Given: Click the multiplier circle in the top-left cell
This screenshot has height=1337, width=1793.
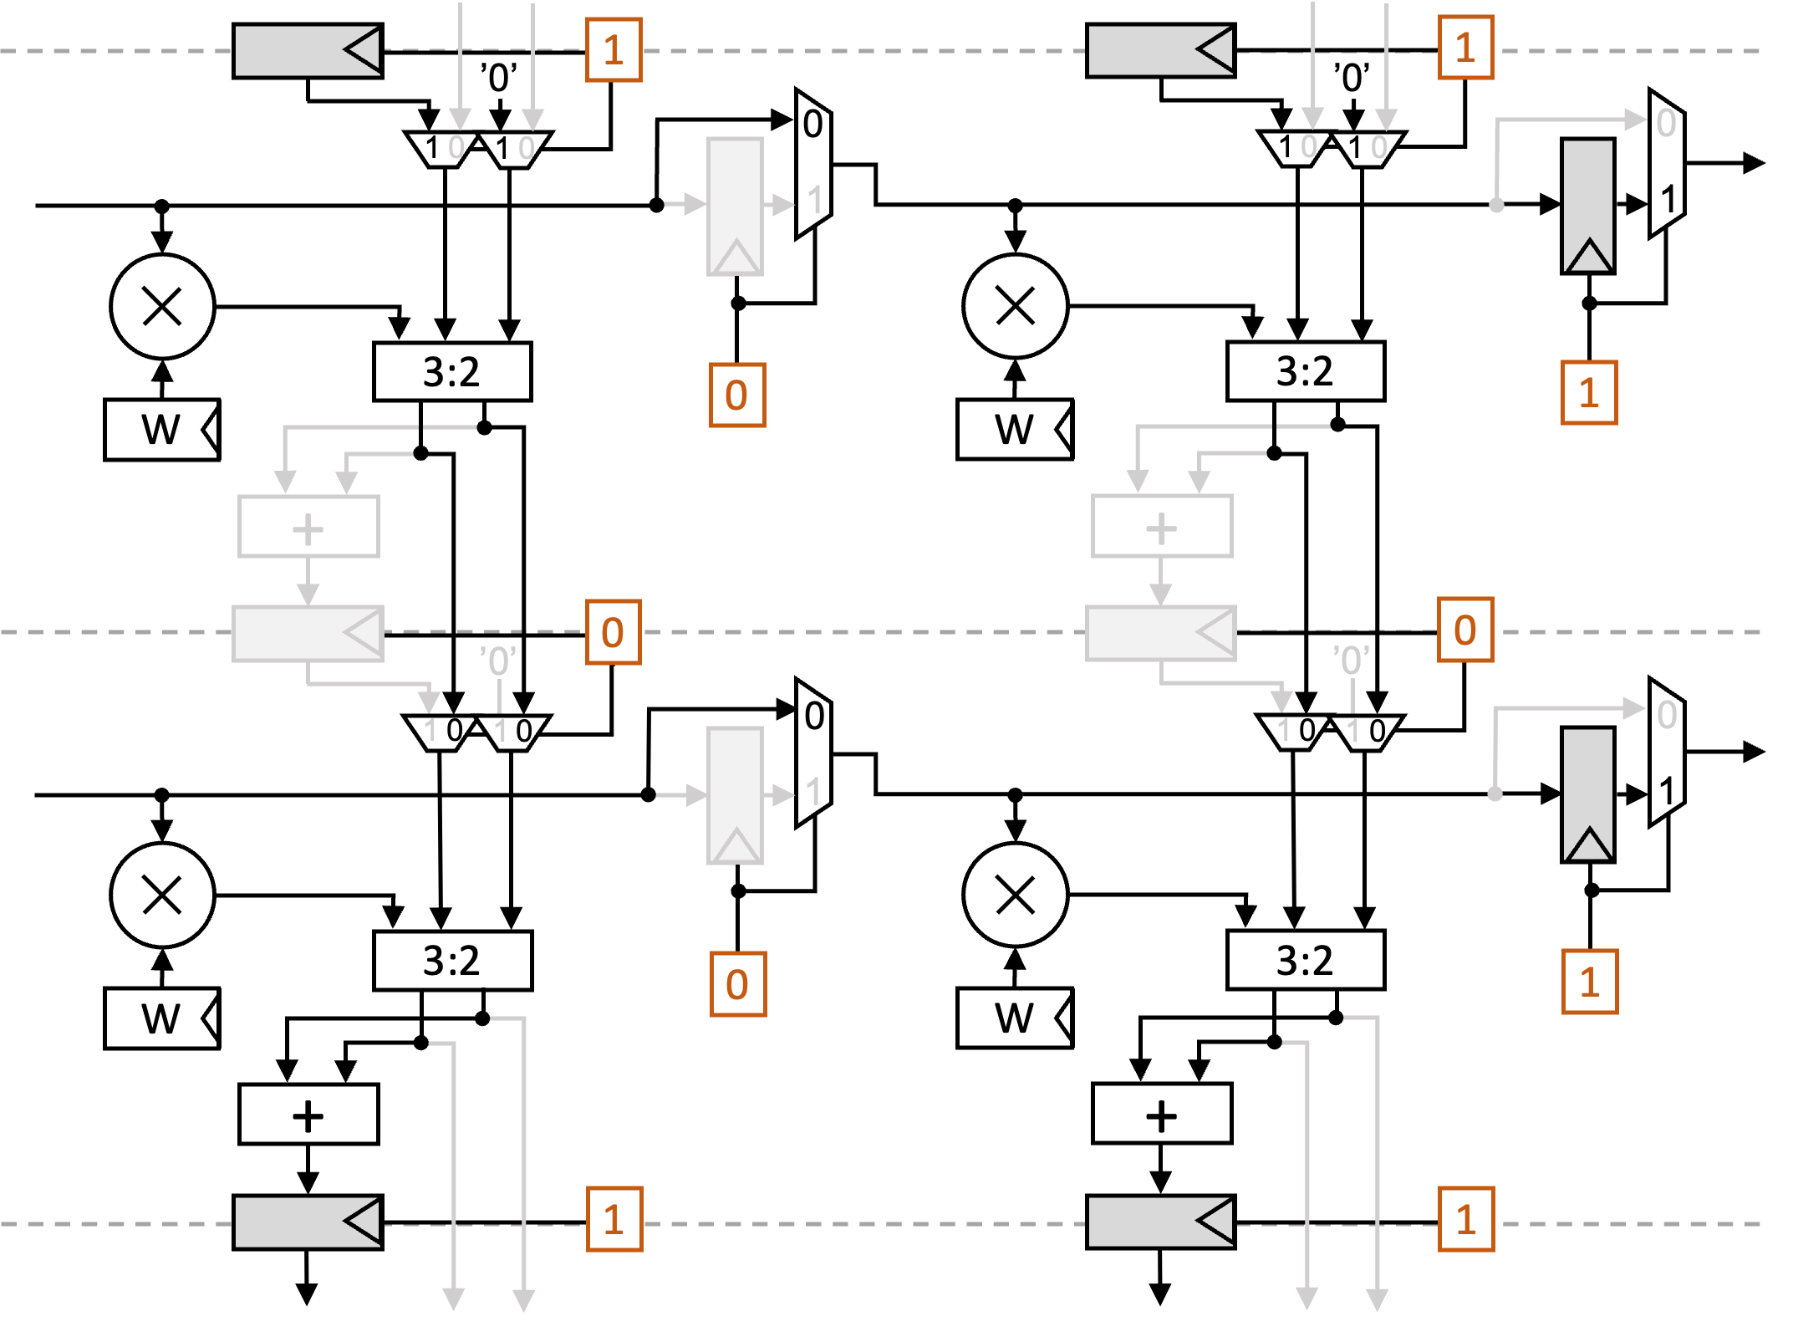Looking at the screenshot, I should (162, 306).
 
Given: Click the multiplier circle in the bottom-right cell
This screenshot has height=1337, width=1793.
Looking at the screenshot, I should (1015, 895).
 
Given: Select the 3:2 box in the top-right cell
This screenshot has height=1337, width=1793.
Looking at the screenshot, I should (1305, 371).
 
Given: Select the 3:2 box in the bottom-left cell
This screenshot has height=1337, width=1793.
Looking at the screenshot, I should (452, 961).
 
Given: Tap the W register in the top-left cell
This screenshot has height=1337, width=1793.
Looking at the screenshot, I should (161, 430).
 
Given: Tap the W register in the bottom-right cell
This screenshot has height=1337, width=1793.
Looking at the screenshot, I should (1014, 1018).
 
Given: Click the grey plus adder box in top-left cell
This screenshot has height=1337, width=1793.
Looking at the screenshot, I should (308, 527).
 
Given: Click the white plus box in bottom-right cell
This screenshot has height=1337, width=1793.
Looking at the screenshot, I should (1161, 1114).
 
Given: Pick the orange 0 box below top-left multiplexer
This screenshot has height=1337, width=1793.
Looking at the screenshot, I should (736, 395).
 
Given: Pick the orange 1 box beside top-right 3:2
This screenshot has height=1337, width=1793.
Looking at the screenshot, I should (1588, 393).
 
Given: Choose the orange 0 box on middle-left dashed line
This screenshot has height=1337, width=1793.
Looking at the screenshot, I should (613, 632).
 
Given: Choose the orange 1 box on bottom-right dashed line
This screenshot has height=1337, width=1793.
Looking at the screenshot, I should (1465, 1219).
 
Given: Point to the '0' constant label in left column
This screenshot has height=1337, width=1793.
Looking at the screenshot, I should (498, 661).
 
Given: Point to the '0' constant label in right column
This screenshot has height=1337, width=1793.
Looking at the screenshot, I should (1351, 661).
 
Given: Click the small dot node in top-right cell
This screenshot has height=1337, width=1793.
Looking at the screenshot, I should (1496, 205).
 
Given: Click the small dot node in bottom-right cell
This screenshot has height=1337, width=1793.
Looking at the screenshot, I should (1495, 794).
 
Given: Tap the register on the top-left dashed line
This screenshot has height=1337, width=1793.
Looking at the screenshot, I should (307, 51).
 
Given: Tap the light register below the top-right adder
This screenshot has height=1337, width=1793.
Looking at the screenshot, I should (1160, 633).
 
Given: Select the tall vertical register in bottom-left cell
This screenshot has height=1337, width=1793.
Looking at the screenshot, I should (735, 794).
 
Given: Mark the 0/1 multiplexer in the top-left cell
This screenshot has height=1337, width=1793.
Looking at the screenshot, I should (812, 164).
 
